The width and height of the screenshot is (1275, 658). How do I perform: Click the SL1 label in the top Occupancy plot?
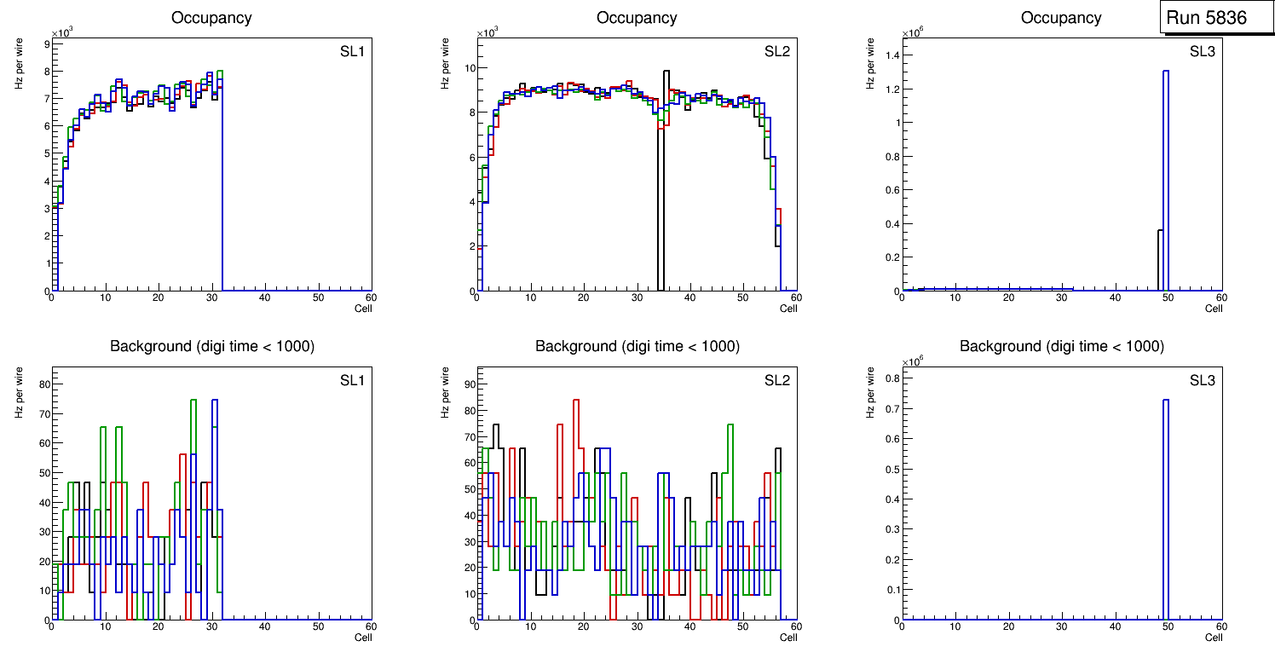(x=352, y=52)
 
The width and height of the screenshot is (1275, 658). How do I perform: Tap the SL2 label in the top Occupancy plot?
(x=777, y=52)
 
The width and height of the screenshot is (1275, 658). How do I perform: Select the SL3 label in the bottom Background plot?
(x=1202, y=380)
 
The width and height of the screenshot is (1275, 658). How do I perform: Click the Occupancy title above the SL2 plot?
(x=637, y=18)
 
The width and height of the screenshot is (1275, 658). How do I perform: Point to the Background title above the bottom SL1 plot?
(x=212, y=346)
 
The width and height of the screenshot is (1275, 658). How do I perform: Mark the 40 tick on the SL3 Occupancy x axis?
(x=1115, y=297)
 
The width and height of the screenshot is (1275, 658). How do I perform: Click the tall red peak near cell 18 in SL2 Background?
(x=576, y=401)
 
